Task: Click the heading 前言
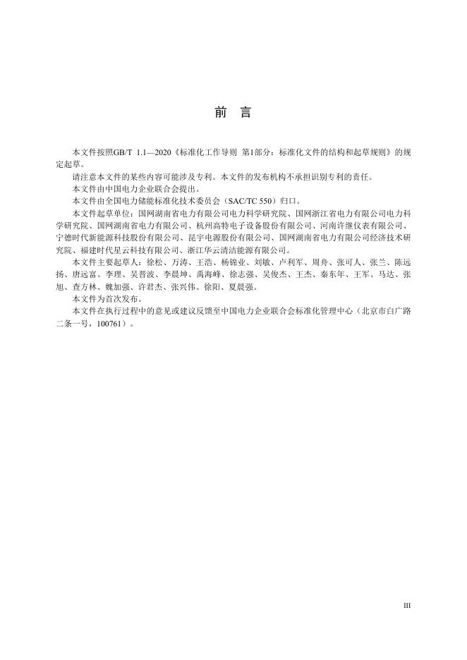click(233, 113)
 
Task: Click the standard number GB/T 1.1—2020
click(137, 152)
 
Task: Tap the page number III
click(407, 605)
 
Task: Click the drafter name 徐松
click(154, 261)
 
